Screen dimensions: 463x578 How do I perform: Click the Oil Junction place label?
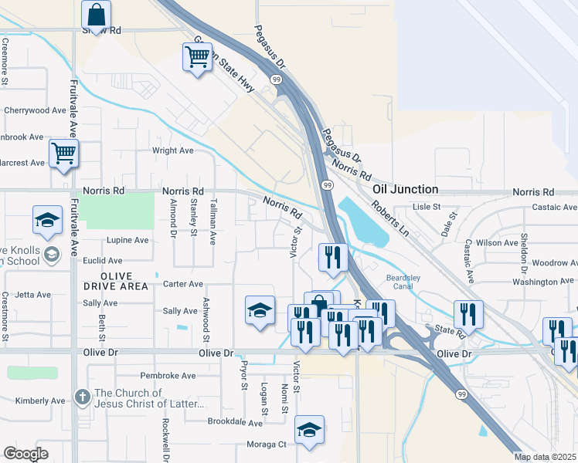(x=405, y=189)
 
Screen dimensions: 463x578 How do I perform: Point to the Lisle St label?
(x=426, y=207)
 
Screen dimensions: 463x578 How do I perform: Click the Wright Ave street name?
(x=172, y=150)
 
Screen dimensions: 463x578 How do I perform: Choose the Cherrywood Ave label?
(x=36, y=110)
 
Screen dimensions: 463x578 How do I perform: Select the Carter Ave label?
(x=183, y=284)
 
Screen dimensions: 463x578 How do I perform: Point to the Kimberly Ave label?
(x=39, y=400)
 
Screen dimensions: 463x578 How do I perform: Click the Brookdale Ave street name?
(x=236, y=422)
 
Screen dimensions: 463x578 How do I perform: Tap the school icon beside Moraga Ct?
(x=309, y=430)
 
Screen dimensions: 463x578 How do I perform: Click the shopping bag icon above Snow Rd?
(x=96, y=13)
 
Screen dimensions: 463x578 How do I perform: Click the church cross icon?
(x=83, y=397)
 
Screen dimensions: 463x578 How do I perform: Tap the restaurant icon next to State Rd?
(x=467, y=314)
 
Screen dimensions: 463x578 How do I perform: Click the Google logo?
(x=25, y=454)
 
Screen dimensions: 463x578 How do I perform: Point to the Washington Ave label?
(x=545, y=282)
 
